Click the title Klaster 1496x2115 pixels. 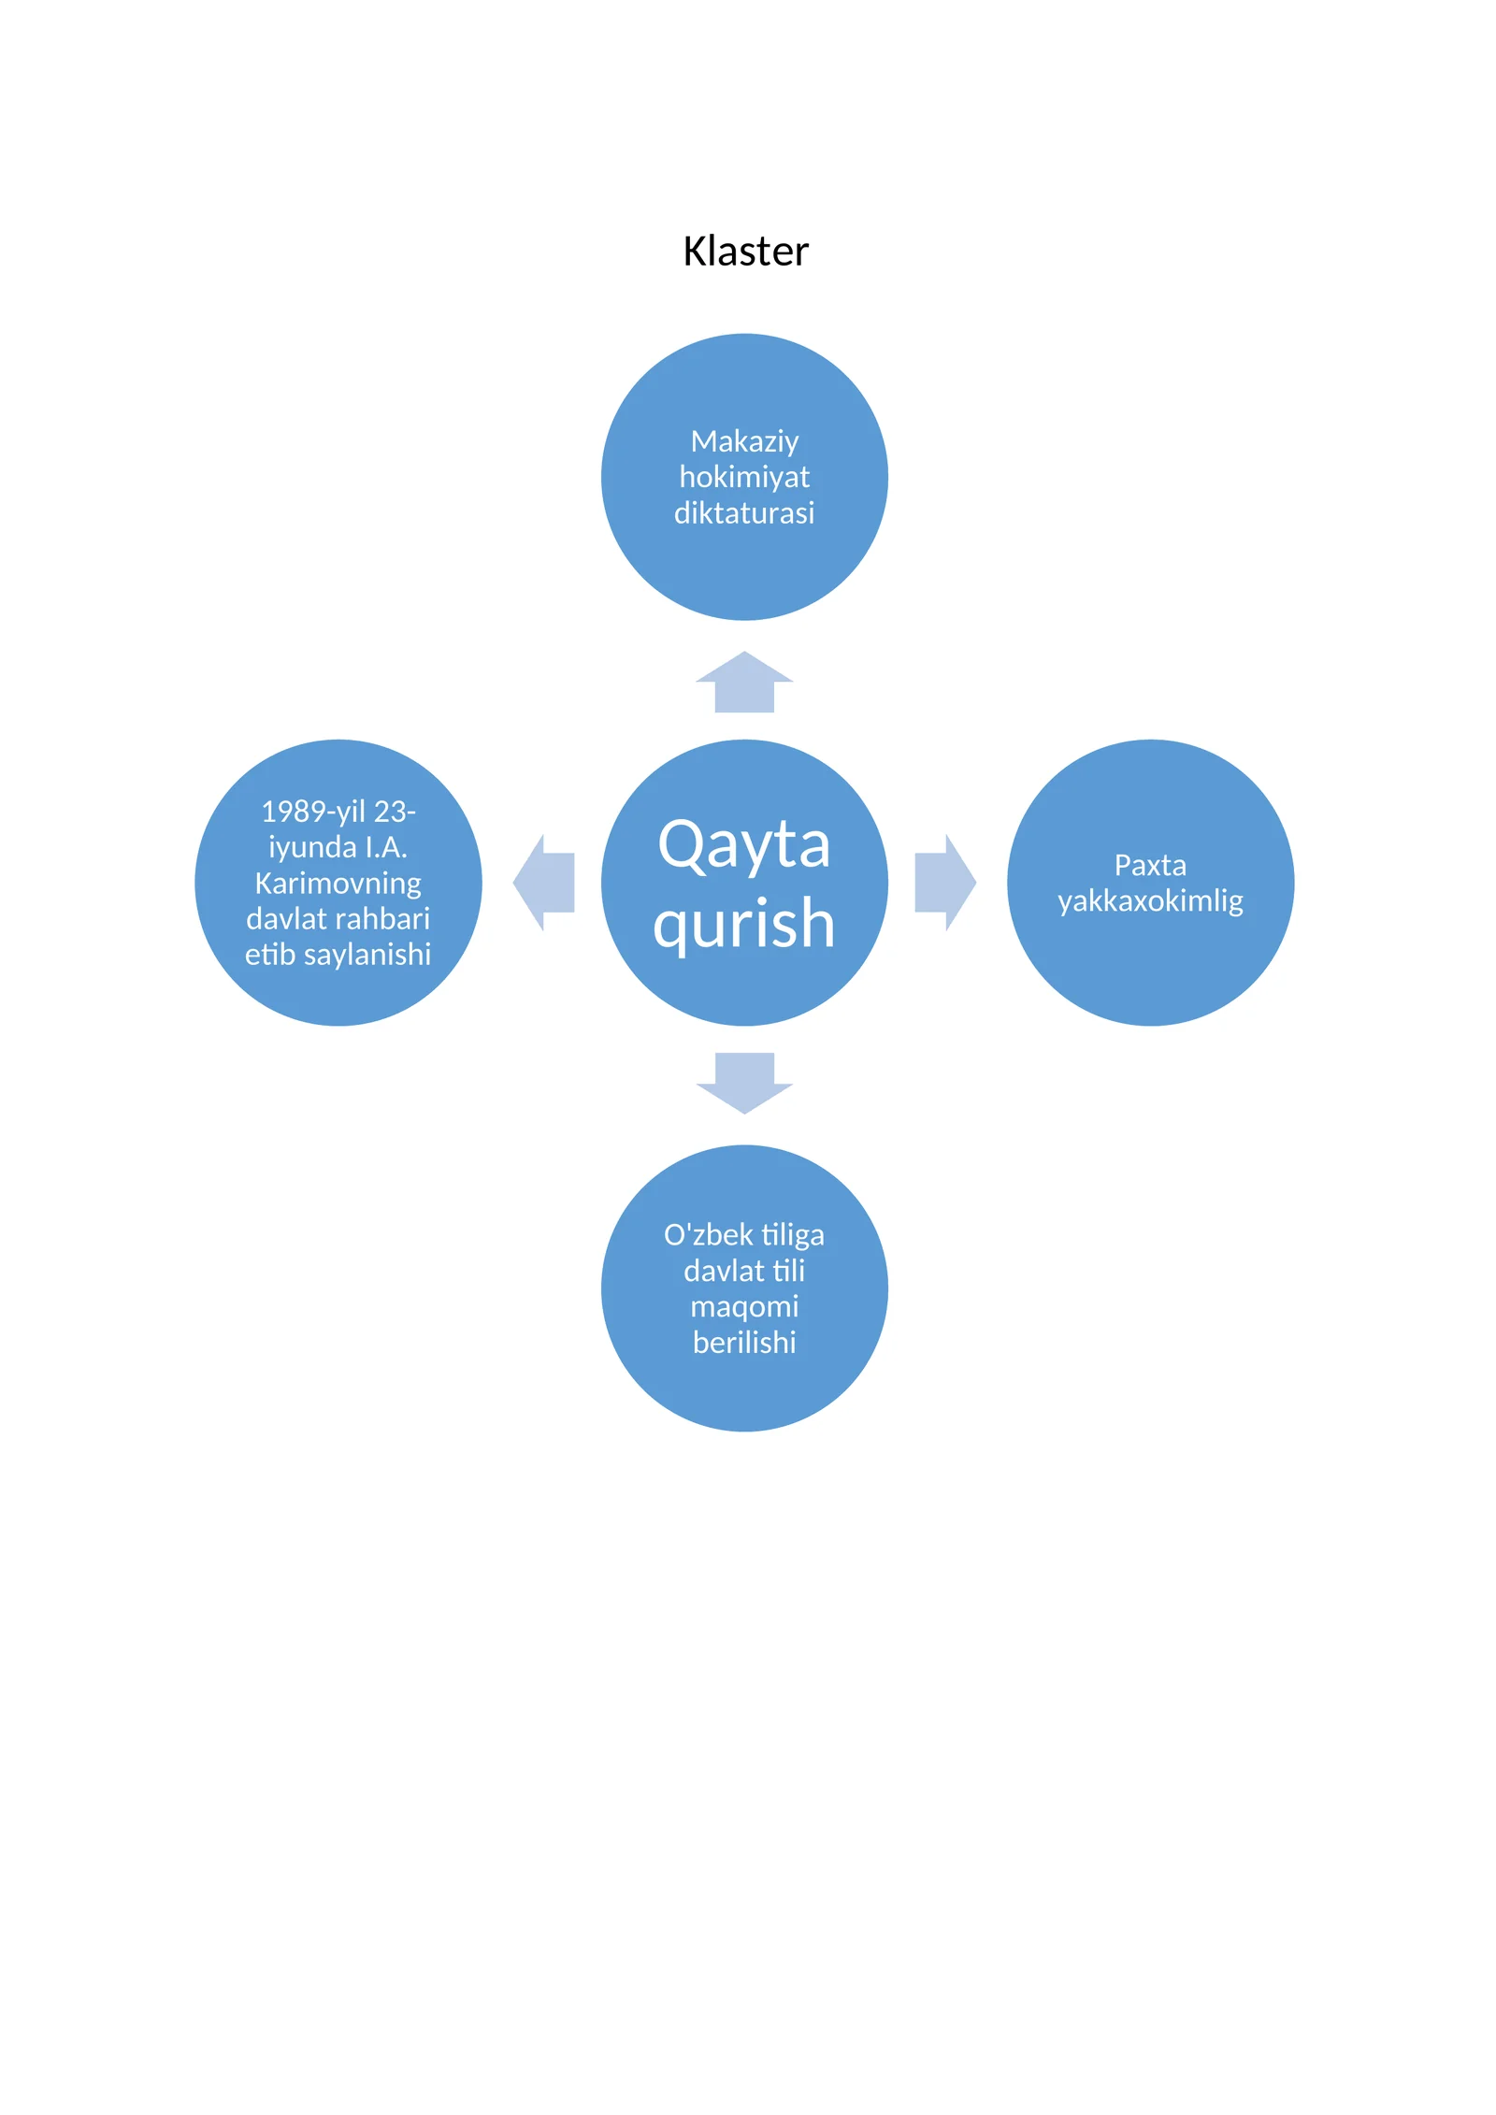click(745, 251)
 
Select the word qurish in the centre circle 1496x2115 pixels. click(744, 924)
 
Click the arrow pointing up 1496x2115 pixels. click(744, 682)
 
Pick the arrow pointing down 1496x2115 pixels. click(744, 1083)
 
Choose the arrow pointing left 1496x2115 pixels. click(544, 883)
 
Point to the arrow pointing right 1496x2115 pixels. click(945, 883)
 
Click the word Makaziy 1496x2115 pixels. click(744, 441)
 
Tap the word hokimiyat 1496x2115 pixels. click(744, 477)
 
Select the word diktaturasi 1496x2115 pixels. click(744, 512)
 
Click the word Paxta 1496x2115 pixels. click(1150, 865)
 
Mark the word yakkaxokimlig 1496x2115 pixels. click(1150, 901)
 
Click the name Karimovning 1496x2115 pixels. click(338, 884)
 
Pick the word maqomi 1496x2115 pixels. click(744, 1307)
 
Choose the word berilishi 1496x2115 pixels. click(744, 1343)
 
